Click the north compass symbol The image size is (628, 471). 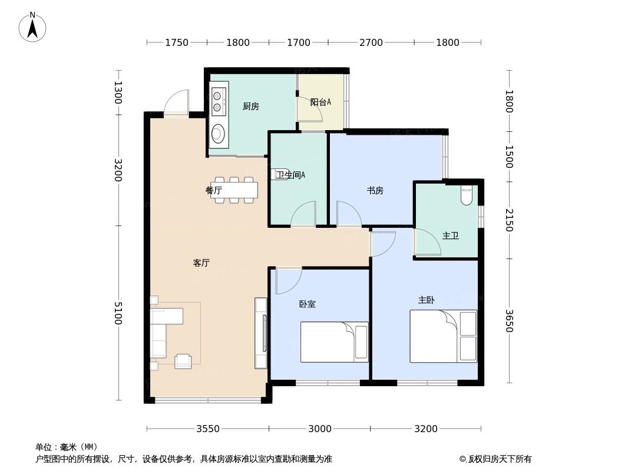32,26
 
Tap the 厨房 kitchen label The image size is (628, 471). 251,107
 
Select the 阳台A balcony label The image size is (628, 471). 320,102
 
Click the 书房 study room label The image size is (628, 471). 375,190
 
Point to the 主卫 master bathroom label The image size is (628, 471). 451,235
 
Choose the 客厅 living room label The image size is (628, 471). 201,263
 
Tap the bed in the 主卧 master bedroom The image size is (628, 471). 443,336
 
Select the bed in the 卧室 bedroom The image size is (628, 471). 334,341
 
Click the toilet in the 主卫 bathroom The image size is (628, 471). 467,195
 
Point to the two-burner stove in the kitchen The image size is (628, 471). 219,101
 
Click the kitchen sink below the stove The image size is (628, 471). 219,134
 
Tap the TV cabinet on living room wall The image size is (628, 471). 260,333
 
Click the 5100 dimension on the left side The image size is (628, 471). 119,313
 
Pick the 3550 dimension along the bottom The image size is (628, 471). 208,429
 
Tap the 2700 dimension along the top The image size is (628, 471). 371,42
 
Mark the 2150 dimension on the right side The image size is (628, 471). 508,220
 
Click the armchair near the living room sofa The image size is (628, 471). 183,361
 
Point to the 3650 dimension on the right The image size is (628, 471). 508,321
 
